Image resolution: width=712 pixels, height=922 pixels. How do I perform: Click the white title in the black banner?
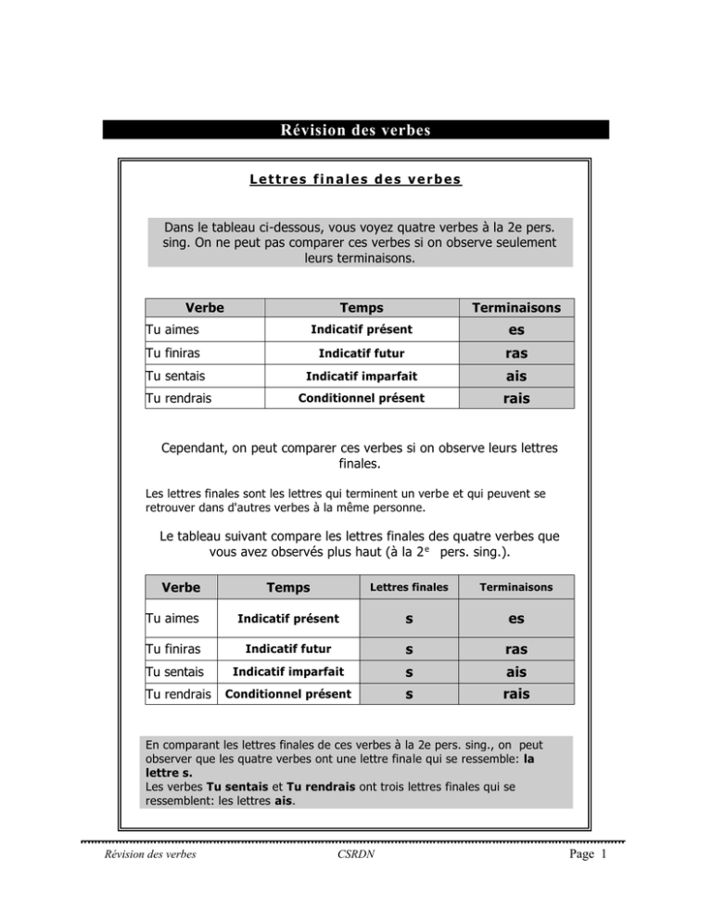pos(356,130)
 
